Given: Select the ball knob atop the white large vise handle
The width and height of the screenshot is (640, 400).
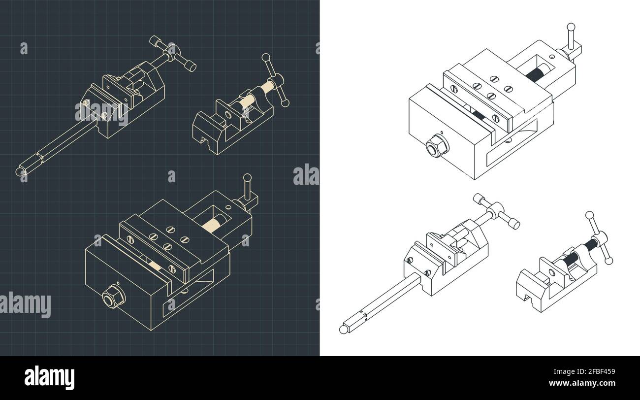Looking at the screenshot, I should pyautogui.click(x=571, y=27).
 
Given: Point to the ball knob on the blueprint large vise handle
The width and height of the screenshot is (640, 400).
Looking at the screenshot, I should pyautogui.click(x=247, y=177).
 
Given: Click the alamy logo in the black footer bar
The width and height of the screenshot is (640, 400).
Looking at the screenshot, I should pyautogui.click(x=49, y=377).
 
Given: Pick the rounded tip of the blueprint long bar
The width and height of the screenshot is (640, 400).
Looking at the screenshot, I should pyautogui.click(x=20, y=171).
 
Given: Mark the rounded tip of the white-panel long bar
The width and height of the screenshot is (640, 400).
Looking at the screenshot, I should pyautogui.click(x=343, y=329).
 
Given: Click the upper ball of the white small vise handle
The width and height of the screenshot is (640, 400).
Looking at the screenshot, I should pyautogui.click(x=589, y=215).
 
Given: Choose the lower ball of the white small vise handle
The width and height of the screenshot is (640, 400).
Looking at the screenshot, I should pyautogui.click(x=609, y=261).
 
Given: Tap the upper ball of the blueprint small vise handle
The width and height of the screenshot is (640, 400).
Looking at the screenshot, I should pyautogui.click(x=266, y=58).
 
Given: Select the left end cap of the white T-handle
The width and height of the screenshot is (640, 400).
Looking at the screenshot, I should pyautogui.click(x=479, y=198).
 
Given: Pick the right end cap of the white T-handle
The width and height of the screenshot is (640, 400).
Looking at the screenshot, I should pyautogui.click(x=514, y=225).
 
